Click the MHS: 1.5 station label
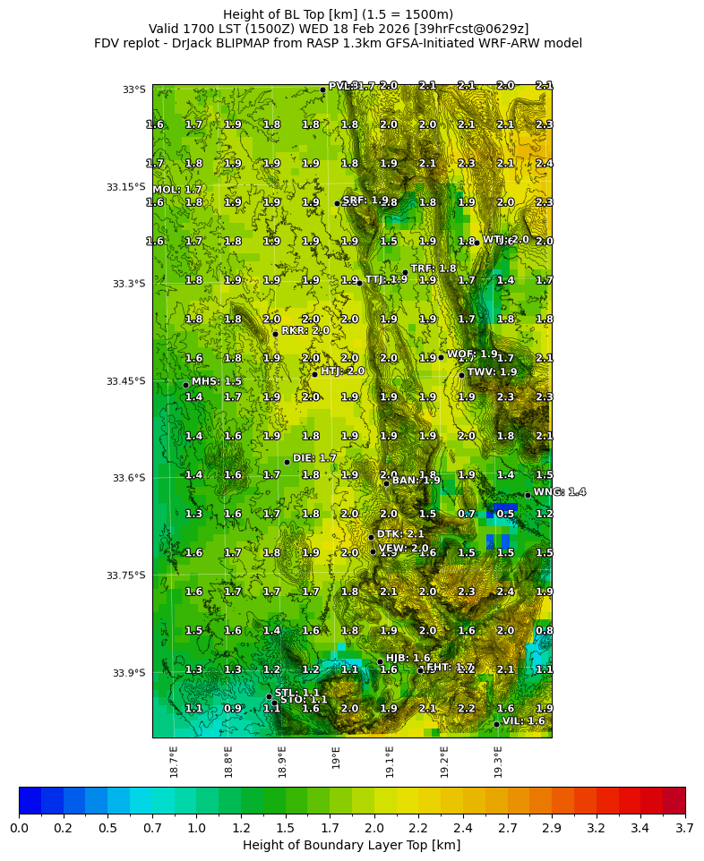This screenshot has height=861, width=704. click(216, 381)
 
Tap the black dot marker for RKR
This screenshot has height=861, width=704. click(275, 334)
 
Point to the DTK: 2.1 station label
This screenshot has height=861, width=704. click(400, 534)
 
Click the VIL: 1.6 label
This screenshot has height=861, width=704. click(523, 720)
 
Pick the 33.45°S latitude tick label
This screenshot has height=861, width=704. click(125, 381)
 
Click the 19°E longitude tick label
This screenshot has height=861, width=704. click(337, 757)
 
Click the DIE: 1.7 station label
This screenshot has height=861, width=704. click(314, 458)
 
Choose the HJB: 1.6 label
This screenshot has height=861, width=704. click(408, 658)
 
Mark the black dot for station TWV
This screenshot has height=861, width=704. click(461, 375)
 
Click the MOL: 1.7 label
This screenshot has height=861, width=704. click(176, 190)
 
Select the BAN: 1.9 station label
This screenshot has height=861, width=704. click(416, 481)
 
